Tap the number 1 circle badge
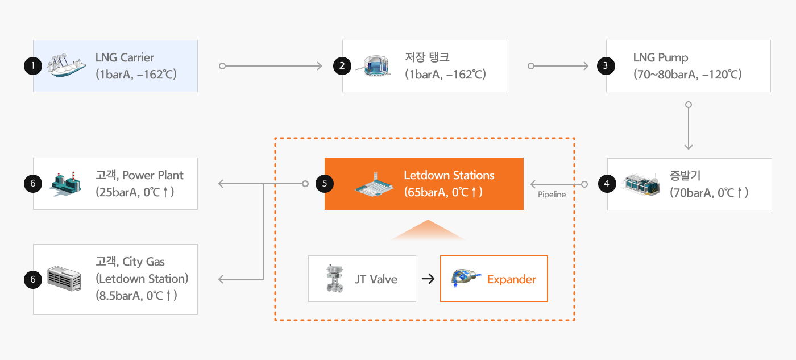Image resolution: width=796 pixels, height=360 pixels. coord(33,66)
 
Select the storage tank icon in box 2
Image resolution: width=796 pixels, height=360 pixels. coord(374,66)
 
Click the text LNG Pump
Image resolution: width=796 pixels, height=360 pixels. coord(661,57)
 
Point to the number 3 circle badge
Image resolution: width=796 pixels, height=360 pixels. coord(606,66)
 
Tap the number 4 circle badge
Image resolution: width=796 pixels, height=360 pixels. coord(607,184)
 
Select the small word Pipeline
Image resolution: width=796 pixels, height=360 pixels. coord(552,195)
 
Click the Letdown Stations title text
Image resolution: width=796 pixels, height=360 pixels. coord(449,175)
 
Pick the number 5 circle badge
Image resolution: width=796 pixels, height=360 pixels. coord(325,184)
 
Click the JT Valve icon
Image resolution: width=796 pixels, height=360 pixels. coord(334,279)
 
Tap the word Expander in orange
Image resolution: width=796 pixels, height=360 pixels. coord(511,279)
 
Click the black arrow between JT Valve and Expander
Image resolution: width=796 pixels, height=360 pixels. coord(428,279)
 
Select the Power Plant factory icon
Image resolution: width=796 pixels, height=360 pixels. coord(65,184)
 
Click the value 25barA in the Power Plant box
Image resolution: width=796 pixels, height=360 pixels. coord(117,192)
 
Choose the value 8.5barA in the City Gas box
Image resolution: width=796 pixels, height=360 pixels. coord(119,295)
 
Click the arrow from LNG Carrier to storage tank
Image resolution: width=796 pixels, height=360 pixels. coord(271,66)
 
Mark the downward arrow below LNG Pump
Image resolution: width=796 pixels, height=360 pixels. coord(688,127)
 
